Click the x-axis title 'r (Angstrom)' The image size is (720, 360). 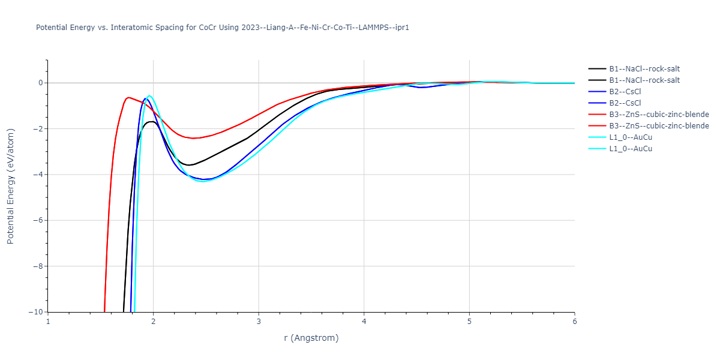click(x=311, y=338)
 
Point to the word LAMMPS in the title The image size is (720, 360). click(x=365, y=28)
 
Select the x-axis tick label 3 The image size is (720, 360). click(x=259, y=322)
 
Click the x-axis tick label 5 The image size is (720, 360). click(x=469, y=322)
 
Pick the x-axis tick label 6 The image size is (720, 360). click(x=574, y=322)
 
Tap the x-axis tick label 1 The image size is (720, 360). click(x=48, y=322)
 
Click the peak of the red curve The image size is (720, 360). click(x=128, y=97)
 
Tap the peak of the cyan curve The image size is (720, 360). click(x=149, y=95)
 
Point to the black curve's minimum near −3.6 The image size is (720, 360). click(x=188, y=165)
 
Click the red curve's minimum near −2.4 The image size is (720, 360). click(x=194, y=138)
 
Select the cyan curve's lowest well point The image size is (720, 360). click(x=203, y=181)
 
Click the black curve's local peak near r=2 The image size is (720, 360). click(x=151, y=121)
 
